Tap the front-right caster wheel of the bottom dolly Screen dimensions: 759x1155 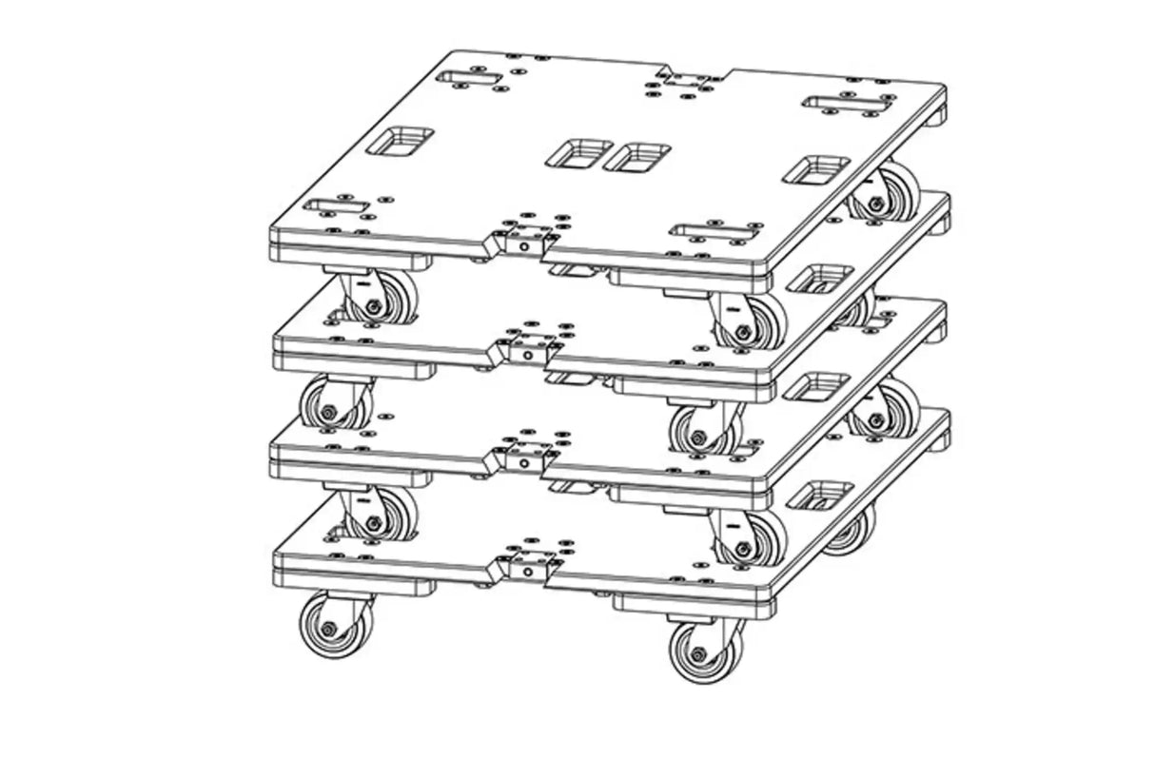[699, 653]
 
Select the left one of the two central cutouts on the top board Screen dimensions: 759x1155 [578, 152]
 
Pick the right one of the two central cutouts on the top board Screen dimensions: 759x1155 [637, 157]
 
